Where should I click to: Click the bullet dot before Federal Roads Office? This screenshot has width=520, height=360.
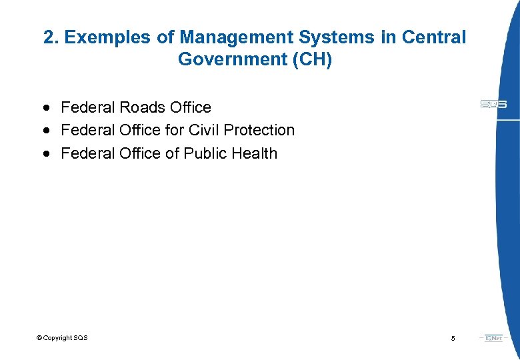point(45,107)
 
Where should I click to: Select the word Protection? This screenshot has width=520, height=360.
point(259,130)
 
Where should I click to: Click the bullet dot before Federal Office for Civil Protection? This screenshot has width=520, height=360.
point(45,130)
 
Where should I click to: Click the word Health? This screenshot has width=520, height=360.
point(255,153)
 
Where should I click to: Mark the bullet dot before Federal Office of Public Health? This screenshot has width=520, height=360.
point(45,153)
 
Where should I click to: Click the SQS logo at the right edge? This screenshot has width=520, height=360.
point(493,104)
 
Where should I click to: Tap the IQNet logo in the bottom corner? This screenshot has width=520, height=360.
point(494,338)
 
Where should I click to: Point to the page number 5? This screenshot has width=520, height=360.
point(453,339)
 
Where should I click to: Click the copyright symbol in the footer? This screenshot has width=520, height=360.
point(39,338)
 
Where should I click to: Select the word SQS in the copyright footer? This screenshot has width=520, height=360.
point(80,338)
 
